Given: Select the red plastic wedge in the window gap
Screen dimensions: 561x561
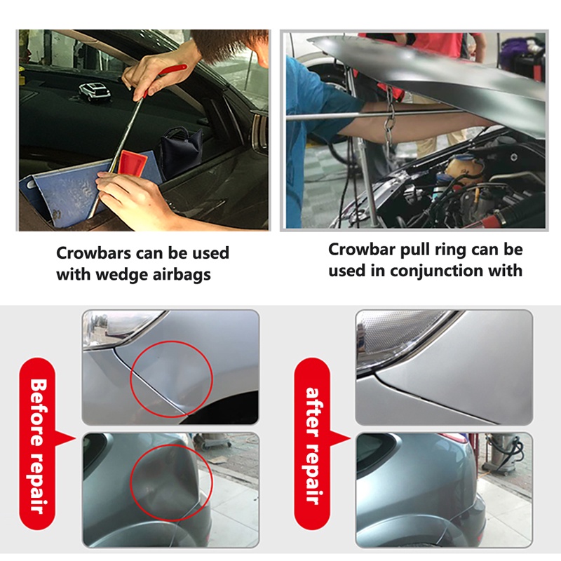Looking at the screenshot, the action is click(x=134, y=164).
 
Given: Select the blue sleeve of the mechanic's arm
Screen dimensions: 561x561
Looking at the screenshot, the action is click(x=315, y=104).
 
